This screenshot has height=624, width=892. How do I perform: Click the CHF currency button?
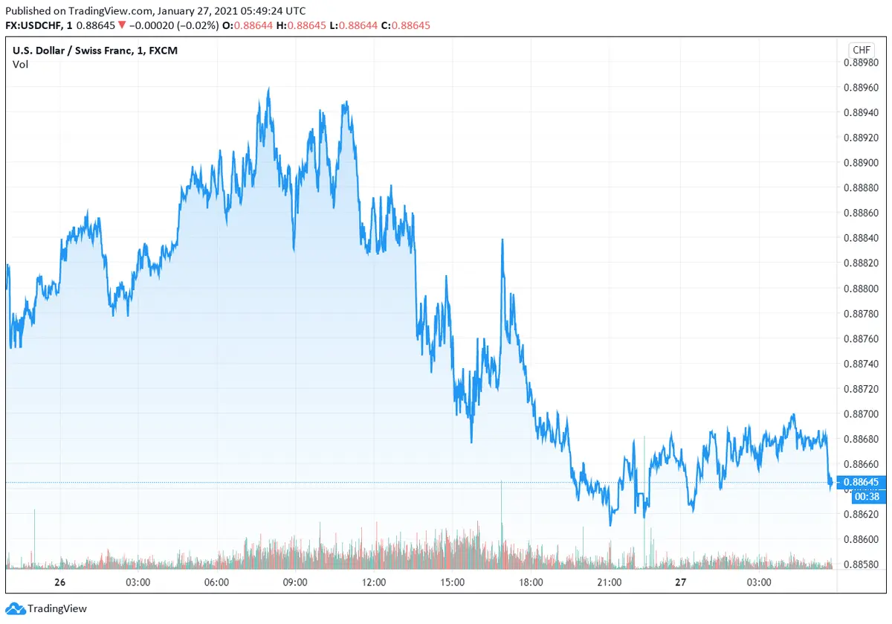(x=861, y=50)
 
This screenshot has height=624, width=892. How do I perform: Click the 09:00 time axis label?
(x=295, y=582)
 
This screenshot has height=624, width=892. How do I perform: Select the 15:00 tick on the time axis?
(x=453, y=582)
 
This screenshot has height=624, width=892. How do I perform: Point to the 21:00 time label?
(x=610, y=582)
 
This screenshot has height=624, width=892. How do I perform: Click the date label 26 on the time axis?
(x=60, y=582)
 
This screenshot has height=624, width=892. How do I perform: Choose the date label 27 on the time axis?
(x=680, y=582)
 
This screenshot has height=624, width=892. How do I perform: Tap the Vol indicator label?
(x=20, y=65)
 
